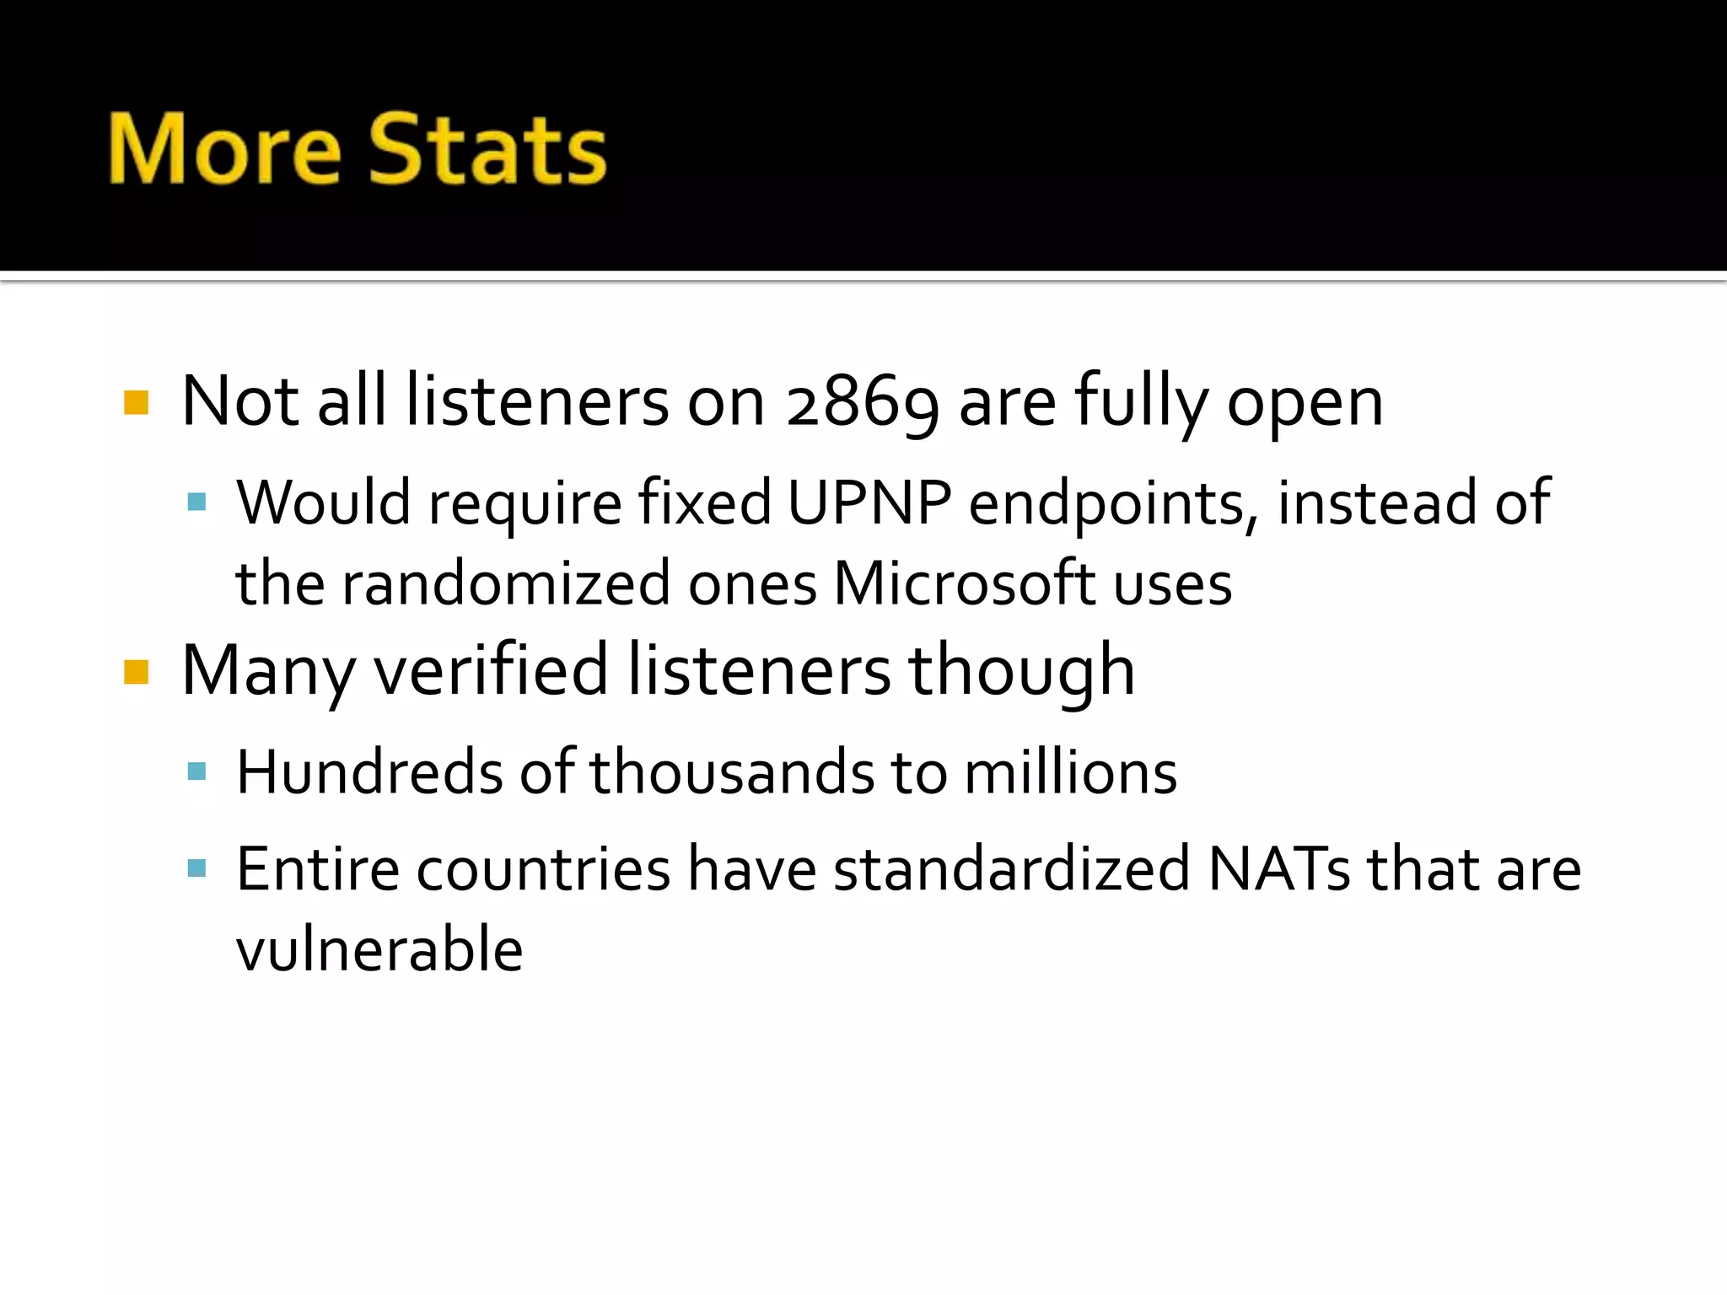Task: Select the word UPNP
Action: [x=869, y=503]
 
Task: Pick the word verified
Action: [x=491, y=670]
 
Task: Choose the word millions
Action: [x=1070, y=772]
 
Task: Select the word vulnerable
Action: [x=379, y=950]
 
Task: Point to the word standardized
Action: [x=1012, y=869]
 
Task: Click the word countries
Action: [x=543, y=869]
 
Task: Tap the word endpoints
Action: [x=1114, y=503]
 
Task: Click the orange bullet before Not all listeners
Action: [x=136, y=403]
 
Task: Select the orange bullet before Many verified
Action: [x=136, y=672]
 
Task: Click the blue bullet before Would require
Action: [x=196, y=503]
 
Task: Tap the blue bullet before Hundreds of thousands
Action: [x=196, y=771]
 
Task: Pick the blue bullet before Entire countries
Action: [x=196, y=868]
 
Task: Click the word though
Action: [x=1021, y=670]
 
